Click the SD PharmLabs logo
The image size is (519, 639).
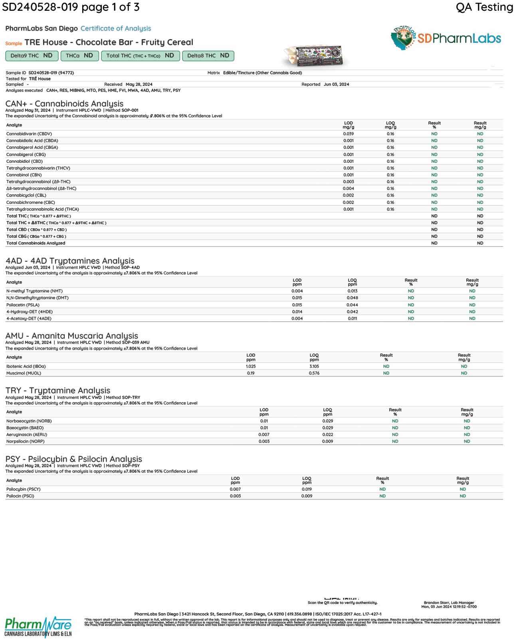point(446,38)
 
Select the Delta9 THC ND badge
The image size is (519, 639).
point(32,56)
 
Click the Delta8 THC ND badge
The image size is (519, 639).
point(208,56)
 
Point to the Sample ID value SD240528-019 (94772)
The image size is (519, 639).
point(51,73)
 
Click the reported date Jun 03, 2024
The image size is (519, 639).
point(336,85)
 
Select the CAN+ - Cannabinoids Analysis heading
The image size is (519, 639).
point(64,104)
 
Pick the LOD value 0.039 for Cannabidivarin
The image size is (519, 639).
point(348,134)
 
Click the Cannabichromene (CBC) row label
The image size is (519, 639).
point(30,203)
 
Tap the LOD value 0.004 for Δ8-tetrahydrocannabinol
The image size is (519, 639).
point(348,189)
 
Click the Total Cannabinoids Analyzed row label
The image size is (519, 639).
point(36,243)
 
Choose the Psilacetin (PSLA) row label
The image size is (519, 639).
point(23,305)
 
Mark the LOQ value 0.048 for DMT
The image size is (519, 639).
point(352,298)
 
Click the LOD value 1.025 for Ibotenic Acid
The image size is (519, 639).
point(251,367)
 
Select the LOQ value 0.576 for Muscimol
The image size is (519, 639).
point(314,373)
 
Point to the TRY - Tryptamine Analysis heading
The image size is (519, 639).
point(57,390)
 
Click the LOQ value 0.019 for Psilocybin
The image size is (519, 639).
point(307,489)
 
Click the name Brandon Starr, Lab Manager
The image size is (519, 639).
point(449,603)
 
